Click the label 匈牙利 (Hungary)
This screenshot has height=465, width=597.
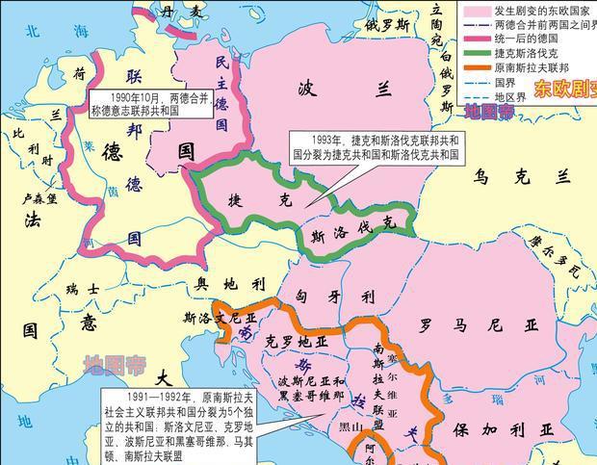pyautogui.click(x=336, y=297)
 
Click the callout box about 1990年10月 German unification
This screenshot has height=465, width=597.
pyautogui.click(x=152, y=103)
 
